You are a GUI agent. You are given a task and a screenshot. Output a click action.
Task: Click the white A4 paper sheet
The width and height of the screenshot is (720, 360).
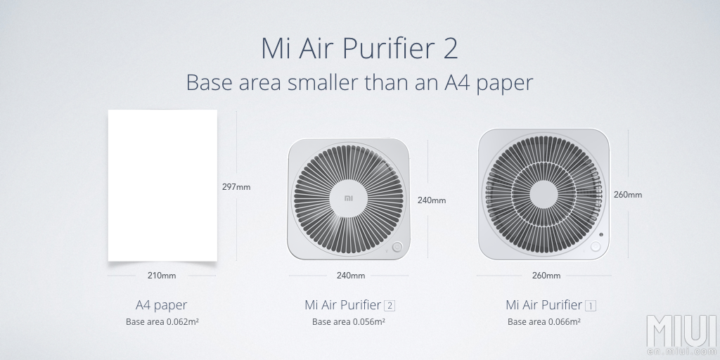pos(162,186)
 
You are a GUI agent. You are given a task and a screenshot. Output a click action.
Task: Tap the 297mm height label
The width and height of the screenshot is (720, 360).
pos(236,187)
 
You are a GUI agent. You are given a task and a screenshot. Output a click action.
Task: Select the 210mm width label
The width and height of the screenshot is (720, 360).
pos(162,276)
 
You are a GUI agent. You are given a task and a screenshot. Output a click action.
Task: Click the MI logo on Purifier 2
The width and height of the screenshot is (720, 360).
pos(349,198)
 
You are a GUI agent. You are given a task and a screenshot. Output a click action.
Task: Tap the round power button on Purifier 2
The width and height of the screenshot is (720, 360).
pos(397,247)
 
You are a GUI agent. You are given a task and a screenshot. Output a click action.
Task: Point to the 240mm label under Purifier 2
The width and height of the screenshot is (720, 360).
pos(351,276)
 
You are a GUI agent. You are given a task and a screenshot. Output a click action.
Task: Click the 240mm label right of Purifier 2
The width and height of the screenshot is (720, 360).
pos(432,200)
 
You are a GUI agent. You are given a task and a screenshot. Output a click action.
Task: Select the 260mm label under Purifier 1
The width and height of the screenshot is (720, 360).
pos(546,276)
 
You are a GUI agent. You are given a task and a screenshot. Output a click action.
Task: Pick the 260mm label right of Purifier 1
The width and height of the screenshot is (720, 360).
pos(628,195)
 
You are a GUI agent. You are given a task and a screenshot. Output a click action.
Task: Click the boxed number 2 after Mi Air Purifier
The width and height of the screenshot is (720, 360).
pos(390,305)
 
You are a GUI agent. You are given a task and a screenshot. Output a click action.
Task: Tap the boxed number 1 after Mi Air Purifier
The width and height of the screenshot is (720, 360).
pos(591,305)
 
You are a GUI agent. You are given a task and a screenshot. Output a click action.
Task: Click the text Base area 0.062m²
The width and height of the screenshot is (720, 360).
pos(162,322)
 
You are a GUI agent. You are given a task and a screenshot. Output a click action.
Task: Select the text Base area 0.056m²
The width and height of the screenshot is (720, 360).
pos(349,322)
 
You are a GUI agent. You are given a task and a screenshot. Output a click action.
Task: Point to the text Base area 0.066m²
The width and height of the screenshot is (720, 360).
pos(544,322)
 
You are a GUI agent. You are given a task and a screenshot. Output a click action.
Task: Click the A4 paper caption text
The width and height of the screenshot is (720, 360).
pos(162,305)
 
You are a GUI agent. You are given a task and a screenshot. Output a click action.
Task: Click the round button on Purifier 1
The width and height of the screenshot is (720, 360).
pos(596,247)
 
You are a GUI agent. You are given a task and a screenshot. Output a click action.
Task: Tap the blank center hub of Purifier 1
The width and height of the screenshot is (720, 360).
pos(544,194)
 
